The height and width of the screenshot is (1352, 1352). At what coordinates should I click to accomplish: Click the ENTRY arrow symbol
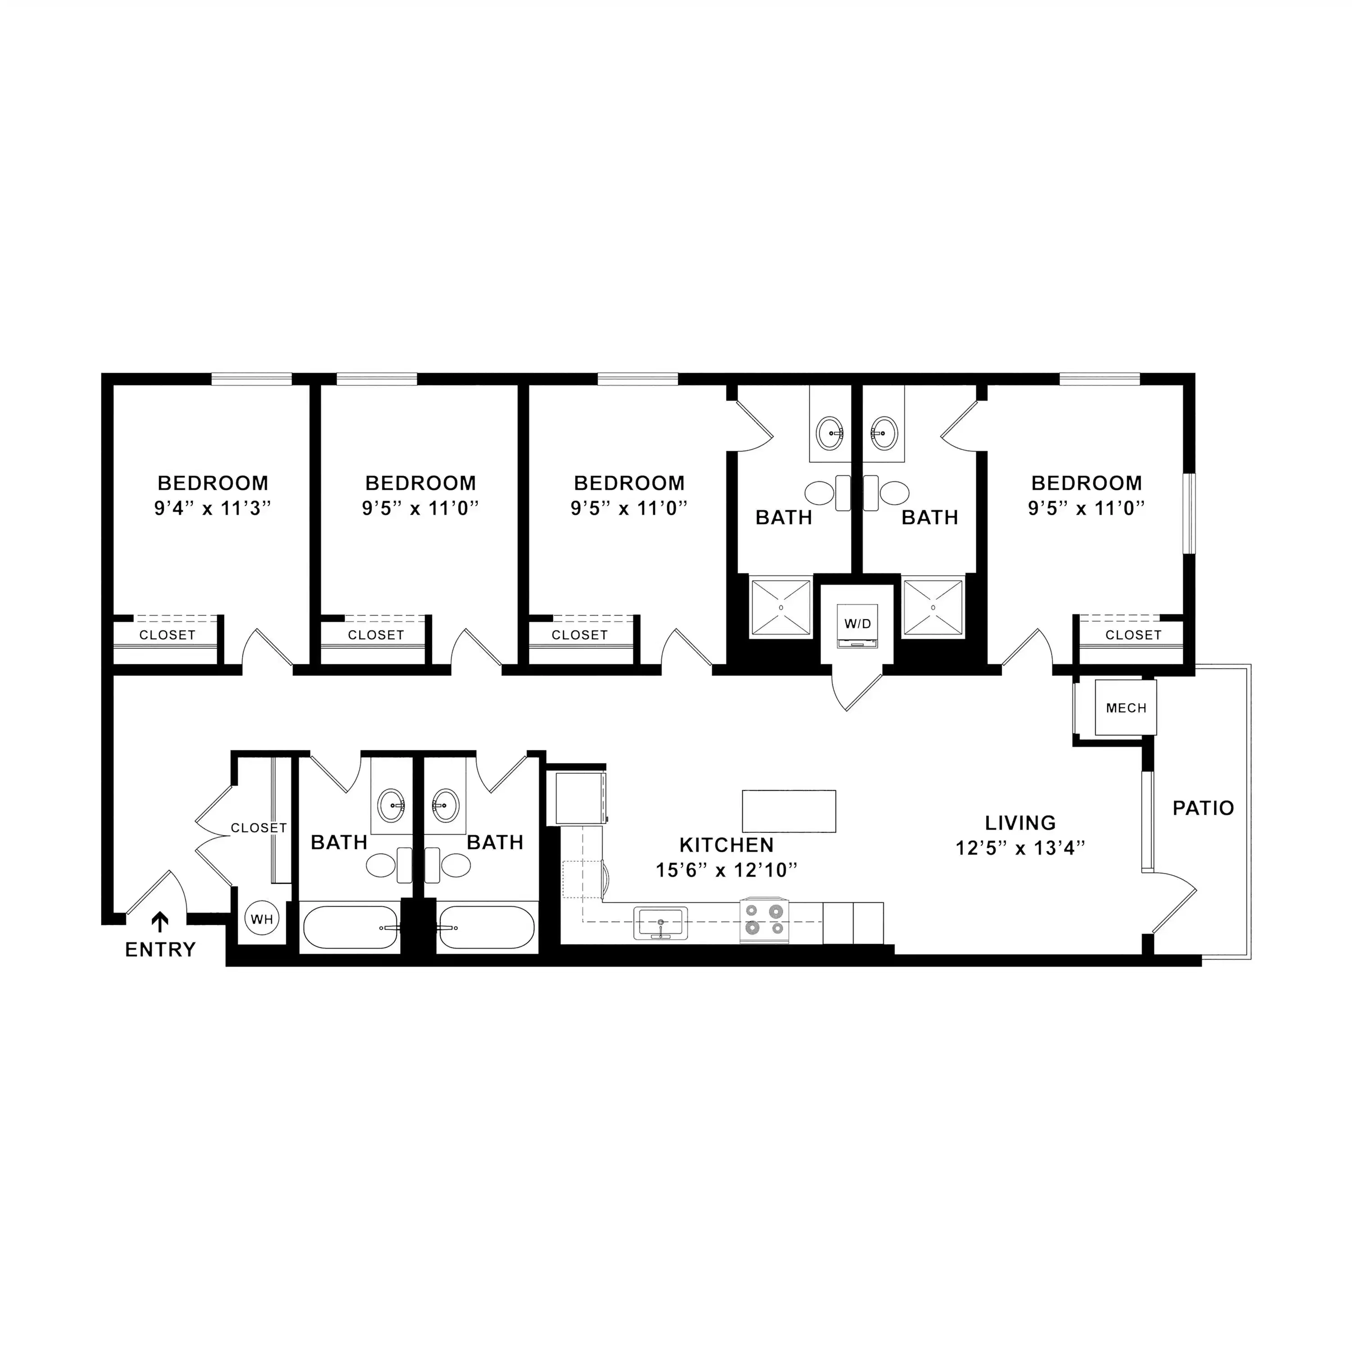(x=160, y=923)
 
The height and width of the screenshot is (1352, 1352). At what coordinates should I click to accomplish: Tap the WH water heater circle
(x=262, y=919)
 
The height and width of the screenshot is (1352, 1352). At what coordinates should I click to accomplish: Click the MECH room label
(x=1126, y=708)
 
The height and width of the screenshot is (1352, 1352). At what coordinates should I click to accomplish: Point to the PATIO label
(x=1203, y=808)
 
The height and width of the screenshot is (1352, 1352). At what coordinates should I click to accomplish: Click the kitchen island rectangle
(x=789, y=811)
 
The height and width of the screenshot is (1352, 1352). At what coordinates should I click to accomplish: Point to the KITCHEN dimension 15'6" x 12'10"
(x=726, y=870)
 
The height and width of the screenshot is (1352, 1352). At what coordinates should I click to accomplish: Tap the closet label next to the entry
(x=259, y=828)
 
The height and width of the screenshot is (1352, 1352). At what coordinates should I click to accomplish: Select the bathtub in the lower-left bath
(x=350, y=927)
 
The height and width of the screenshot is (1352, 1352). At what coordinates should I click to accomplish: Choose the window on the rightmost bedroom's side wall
(x=1189, y=514)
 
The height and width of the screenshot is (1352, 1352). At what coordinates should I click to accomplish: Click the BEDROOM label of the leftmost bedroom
(x=213, y=483)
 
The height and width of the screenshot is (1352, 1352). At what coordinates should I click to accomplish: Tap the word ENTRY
(x=160, y=950)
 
